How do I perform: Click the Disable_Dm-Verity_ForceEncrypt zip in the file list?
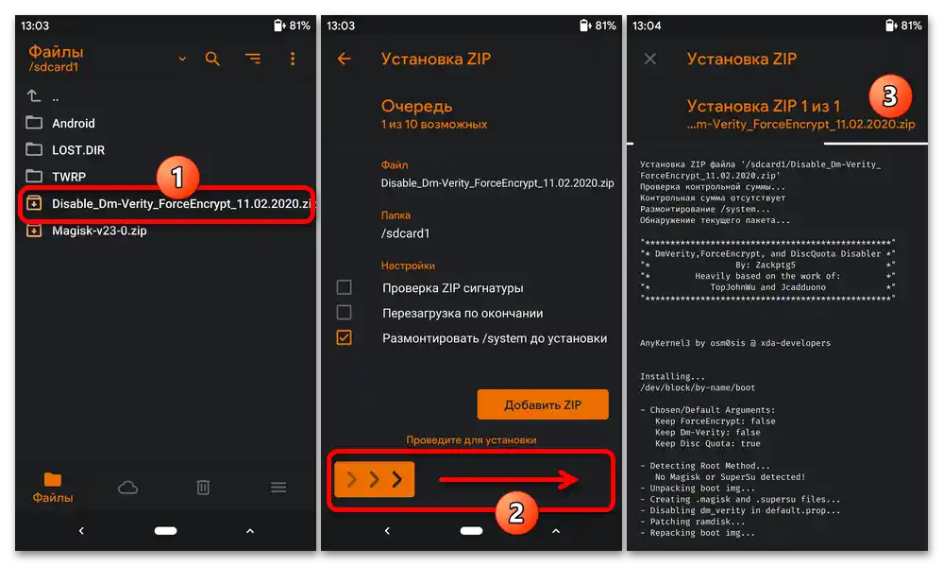tap(168, 204)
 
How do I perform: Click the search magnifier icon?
tap(212, 59)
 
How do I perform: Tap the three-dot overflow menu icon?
tap(293, 59)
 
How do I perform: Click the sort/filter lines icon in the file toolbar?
tap(253, 59)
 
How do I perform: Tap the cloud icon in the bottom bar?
tap(127, 488)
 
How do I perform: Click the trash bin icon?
tap(203, 488)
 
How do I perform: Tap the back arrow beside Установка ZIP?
tap(344, 59)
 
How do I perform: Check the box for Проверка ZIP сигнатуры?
tap(344, 287)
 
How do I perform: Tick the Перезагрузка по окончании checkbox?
tap(344, 313)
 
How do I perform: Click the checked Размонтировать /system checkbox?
tap(344, 337)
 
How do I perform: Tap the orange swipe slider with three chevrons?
tap(374, 479)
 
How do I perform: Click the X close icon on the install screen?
tap(650, 59)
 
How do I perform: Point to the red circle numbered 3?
tap(890, 96)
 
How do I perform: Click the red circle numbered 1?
tap(177, 178)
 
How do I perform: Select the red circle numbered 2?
tap(516, 513)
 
